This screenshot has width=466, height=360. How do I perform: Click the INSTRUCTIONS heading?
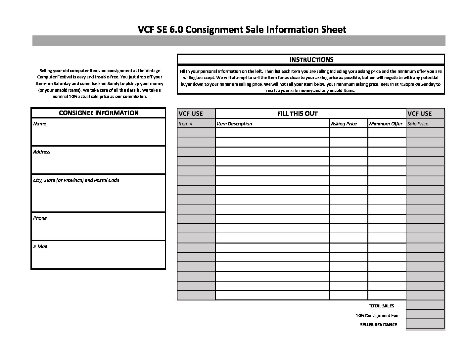tap(311, 60)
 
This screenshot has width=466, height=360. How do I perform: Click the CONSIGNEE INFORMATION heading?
tap(99, 113)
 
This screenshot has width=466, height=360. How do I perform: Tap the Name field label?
tap(40, 124)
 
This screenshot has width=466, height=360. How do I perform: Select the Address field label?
tap(42, 152)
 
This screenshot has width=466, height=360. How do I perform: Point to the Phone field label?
tap(40, 218)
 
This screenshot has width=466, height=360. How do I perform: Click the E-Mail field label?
tap(40, 247)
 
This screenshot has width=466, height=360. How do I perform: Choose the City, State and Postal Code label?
tap(76, 180)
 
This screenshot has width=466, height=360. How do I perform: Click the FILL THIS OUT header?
tap(297, 113)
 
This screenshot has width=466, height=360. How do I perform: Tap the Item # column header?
tap(186, 124)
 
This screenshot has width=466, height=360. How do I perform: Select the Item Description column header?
tap(234, 124)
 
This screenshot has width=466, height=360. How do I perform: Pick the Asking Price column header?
tap(344, 124)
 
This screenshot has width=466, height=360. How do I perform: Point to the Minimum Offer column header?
tap(386, 124)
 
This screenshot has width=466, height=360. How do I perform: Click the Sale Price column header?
tap(418, 124)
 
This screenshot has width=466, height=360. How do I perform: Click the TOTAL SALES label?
tap(381, 306)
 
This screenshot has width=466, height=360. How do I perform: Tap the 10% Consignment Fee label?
tap(377, 316)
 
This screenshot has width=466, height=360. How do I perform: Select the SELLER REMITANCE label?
tap(378, 325)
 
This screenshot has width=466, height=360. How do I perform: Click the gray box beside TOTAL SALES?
tap(425, 305)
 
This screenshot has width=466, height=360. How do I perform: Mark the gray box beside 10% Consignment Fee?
tap(425, 314)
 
